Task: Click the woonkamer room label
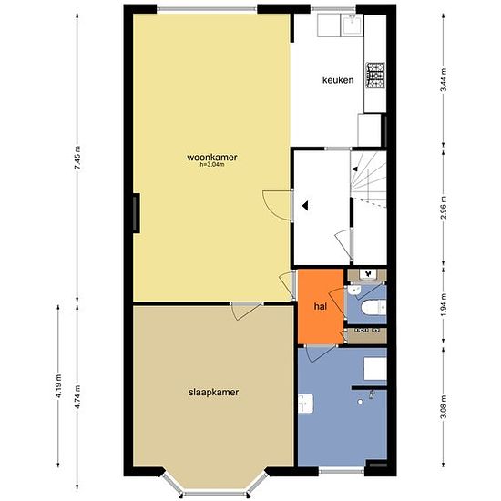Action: [x=212, y=158]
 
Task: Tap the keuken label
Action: [x=338, y=80]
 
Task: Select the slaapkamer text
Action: [x=213, y=392]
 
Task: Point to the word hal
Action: [x=321, y=306]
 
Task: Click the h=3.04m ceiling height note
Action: [x=212, y=165]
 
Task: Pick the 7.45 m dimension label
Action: [x=77, y=158]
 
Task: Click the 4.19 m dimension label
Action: [x=58, y=386]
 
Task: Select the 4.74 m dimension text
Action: [x=77, y=398]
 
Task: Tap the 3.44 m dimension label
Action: [x=444, y=80]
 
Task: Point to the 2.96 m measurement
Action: [x=444, y=208]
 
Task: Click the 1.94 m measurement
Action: [x=444, y=305]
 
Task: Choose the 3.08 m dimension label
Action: [x=444, y=407]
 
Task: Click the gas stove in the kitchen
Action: [x=375, y=76]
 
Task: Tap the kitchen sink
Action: [x=352, y=25]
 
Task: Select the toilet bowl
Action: [x=373, y=307]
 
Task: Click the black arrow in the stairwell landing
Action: [x=305, y=206]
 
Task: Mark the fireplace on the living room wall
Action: [x=136, y=213]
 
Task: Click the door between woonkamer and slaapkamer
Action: [x=246, y=310]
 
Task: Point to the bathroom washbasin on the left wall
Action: [x=306, y=404]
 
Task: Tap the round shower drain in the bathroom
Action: [x=360, y=402]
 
